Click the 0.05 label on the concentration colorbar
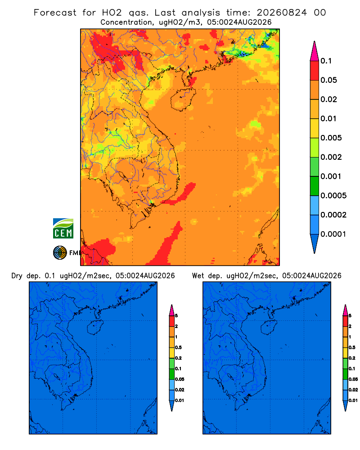click(x=328, y=80)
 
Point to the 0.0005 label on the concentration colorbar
click(x=333, y=195)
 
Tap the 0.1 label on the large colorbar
click(x=326, y=61)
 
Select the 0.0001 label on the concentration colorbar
click(x=333, y=234)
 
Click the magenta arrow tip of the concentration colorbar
click(x=315, y=51)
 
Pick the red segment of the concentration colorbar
click(x=315, y=71)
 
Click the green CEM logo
click(x=63, y=229)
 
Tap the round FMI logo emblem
click(x=60, y=253)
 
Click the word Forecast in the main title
click(x=55, y=13)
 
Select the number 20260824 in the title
click(x=282, y=13)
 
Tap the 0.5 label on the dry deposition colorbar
click(x=178, y=347)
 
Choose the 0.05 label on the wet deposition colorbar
click(x=353, y=379)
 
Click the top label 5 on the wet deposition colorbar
click(x=350, y=316)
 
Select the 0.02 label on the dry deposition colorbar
click(x=180, y=390)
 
